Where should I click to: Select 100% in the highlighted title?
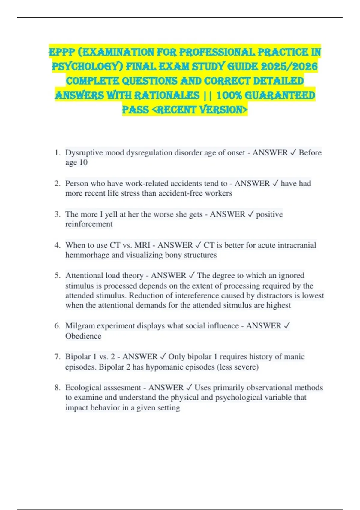tap(229, 95)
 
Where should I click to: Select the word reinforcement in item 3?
tap(89, 224)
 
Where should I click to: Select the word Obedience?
tap(83, 336)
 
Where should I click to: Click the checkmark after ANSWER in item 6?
tap(286, 326)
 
